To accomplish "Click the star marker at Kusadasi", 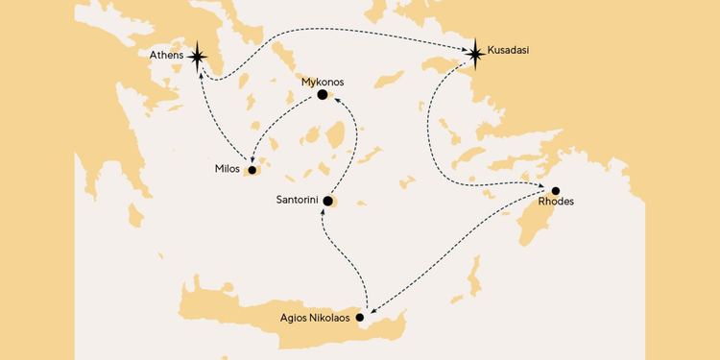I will click(x=475, y=52).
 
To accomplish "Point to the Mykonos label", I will click(x=323, y=83).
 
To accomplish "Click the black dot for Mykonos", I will click(x=323, y=95).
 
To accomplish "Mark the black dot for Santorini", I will click(x=327, y=202).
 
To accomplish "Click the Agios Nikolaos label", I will click(x=314, y=317).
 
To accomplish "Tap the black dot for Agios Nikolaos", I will click(x=360, y=317).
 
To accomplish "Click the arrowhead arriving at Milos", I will click(x=251, y=160).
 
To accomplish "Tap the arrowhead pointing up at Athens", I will click(x=200, y=70).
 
